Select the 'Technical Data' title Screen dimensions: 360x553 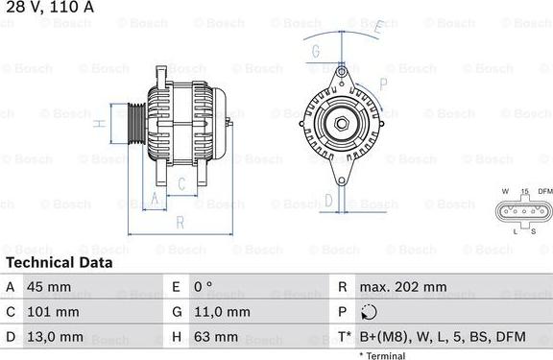pyautogui.click(x=59, y=262)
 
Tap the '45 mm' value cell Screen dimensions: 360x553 pyautogui.click(x=54, y=287)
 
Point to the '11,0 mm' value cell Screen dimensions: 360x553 pyautogui.click(x=223, y=312)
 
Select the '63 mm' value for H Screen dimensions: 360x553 pyautogui.click(x=217, y=337)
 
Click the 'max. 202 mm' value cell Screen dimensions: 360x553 pyautogui.click(x=403, y=287)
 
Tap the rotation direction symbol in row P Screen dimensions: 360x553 pyautogui.click(x=371, y=312)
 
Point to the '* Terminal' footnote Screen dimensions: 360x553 pyautogui.click(x=382, y=355)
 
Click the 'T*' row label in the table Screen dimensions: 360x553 pyautogui.click(x=343, y=337)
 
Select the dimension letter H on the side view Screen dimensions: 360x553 pyautogui.click(x=100, y=124)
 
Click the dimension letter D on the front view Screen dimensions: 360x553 pyautogui.click(x=328, y=200)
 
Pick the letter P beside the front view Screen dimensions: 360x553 pyautogui.click(x=383, y=84)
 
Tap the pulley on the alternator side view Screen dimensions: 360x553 pyautogui.click(x=135, y=124)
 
